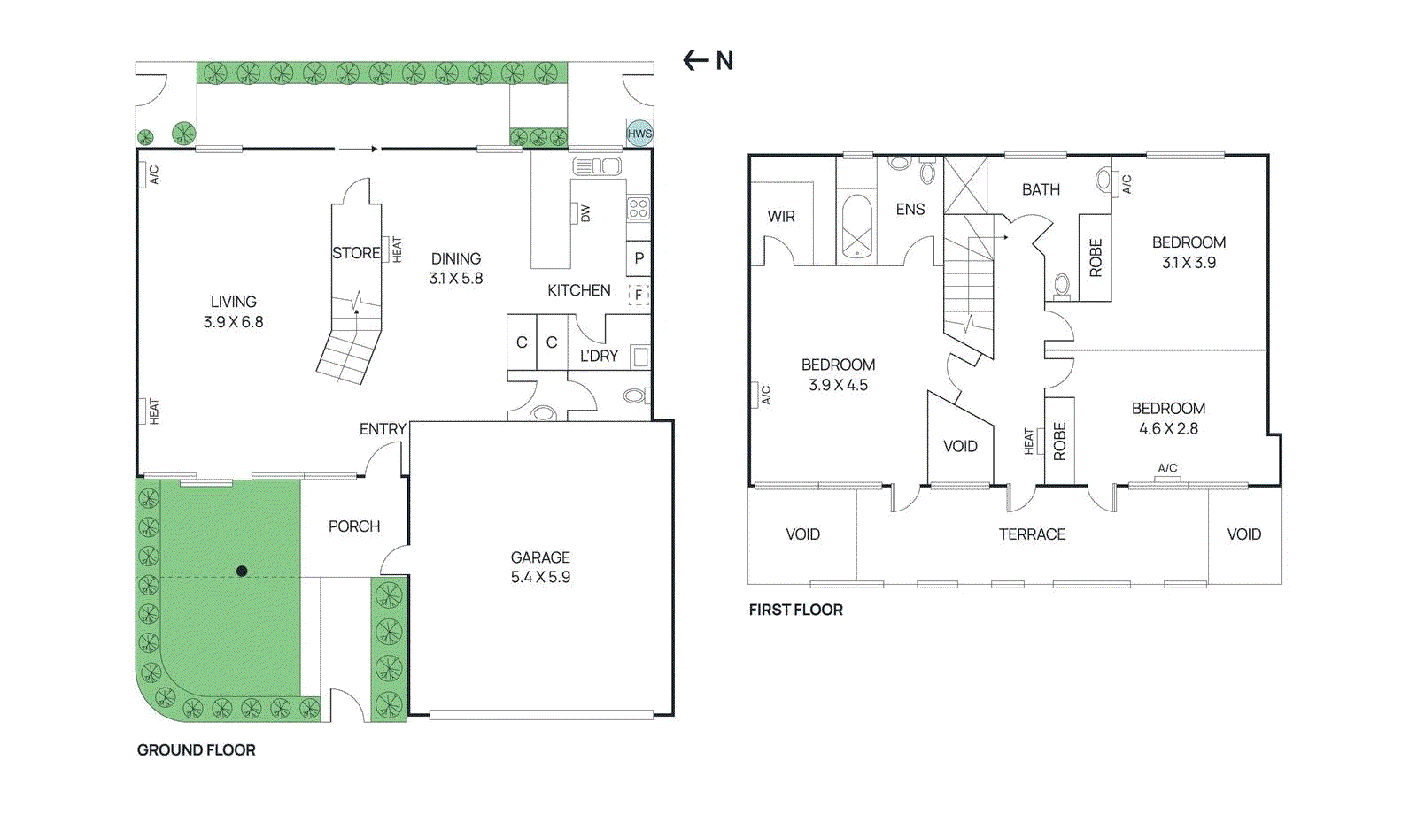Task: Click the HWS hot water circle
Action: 639,134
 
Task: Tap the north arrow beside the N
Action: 696,61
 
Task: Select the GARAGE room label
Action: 540,557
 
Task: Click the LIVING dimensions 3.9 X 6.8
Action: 234,322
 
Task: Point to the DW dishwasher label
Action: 585,213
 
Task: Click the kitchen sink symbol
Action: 597,166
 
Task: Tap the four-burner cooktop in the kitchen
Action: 639,209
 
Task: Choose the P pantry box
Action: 639,257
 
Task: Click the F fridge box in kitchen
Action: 639,295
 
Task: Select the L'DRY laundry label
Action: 599,356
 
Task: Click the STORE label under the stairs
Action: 356,253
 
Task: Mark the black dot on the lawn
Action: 242,572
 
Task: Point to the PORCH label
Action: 354,526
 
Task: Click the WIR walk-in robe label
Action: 781,217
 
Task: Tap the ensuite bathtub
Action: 857,227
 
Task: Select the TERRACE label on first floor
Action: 1032,534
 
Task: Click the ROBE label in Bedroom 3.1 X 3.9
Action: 1096,257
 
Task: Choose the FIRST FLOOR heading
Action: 796,610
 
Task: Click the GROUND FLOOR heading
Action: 196,750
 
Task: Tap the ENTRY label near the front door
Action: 383,430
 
